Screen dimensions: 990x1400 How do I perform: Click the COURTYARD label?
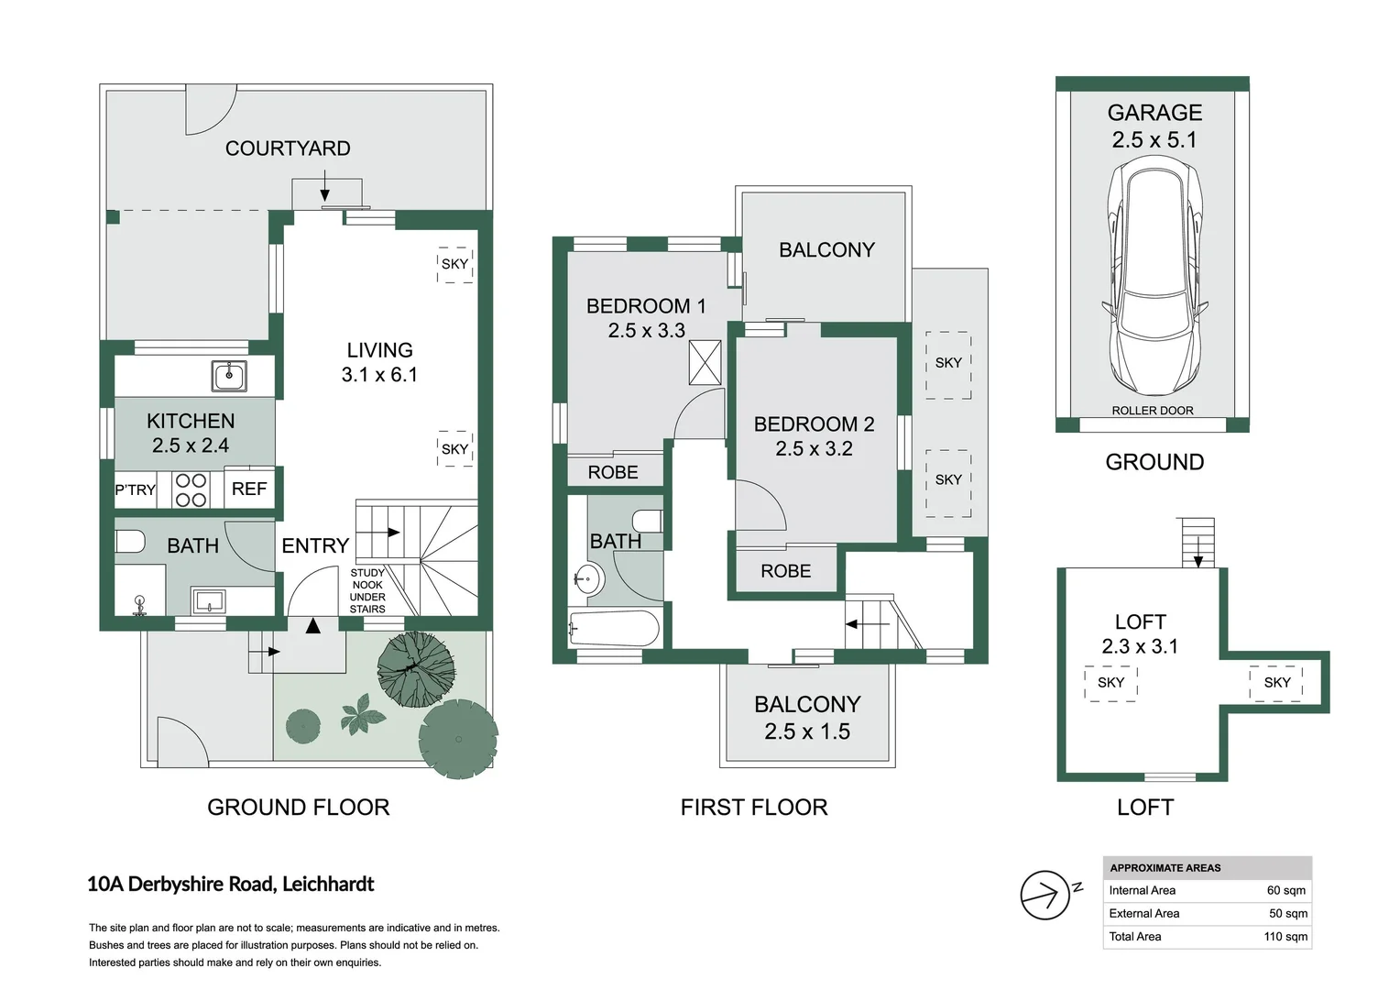288,148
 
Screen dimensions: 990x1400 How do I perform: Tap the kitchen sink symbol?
229,376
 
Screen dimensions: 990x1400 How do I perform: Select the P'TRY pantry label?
135,490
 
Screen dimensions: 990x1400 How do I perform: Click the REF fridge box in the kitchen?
249,489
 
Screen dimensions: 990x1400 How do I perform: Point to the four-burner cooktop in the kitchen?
191,490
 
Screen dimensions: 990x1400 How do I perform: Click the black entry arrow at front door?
313,626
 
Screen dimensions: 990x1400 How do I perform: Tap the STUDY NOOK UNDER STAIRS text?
367,591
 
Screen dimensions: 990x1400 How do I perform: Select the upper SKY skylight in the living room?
455,264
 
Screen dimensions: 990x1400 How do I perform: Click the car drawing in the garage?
1154,275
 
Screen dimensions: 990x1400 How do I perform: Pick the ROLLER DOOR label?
1153,411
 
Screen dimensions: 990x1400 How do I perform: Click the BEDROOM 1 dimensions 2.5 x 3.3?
647,331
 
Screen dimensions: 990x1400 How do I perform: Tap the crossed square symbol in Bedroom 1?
705,362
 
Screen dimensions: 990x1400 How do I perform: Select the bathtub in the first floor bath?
613,630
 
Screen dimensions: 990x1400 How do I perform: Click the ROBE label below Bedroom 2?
785,571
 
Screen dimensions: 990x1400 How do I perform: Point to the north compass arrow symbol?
1045,895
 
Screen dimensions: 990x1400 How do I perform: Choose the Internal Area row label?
1142,890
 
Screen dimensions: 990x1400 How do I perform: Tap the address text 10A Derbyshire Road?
231,885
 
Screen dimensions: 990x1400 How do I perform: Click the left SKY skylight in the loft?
1110,683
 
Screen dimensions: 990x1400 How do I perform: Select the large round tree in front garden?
458,738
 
